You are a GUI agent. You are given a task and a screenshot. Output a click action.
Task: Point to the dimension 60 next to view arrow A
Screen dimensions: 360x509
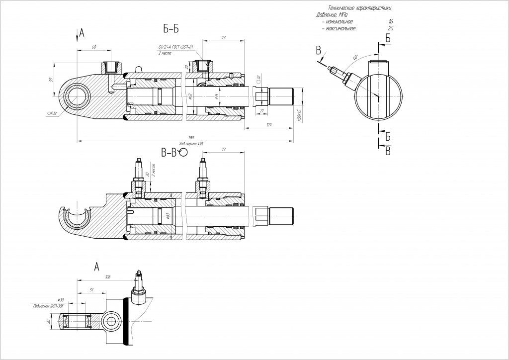click(93, 47)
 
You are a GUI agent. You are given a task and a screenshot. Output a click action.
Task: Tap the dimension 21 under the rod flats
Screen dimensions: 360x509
click(262, 110)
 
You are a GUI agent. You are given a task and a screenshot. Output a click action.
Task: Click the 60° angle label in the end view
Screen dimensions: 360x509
click(354, 58)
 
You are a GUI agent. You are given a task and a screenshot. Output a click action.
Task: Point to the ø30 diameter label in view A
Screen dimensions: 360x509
click(61, 300)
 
